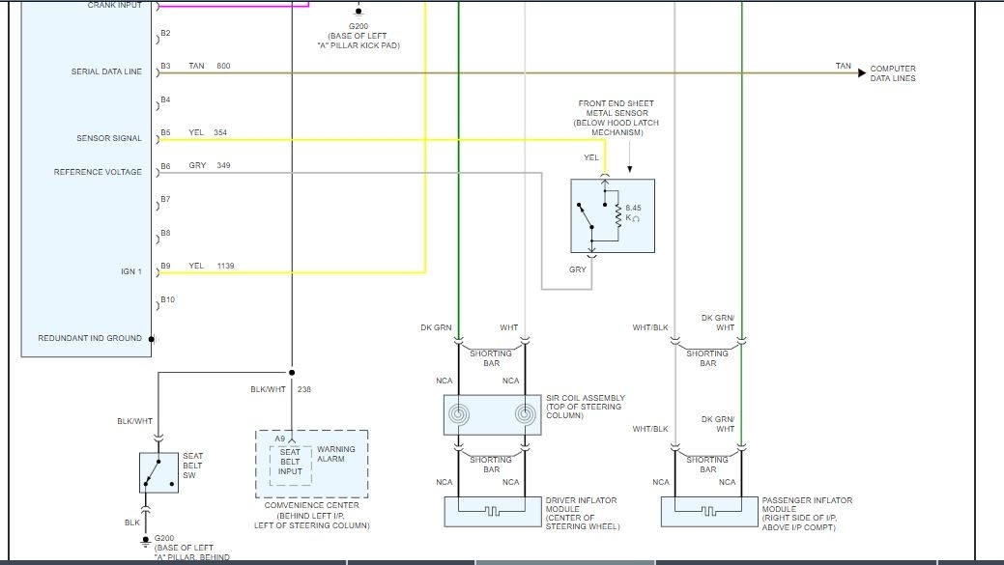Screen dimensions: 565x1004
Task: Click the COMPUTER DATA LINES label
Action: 892,73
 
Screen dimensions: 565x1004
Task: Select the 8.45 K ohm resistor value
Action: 633,212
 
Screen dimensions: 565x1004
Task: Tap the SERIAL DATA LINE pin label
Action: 106,71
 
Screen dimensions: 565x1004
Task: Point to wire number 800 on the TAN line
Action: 223,66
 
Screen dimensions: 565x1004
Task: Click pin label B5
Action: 165,132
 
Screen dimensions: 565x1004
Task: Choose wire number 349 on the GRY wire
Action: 223,166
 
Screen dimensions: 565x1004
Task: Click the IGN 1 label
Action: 130,271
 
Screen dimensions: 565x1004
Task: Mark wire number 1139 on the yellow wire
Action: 226,266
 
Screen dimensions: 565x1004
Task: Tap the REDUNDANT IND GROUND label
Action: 90,338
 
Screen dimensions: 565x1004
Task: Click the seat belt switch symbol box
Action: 158,472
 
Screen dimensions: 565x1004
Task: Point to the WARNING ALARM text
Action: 336,454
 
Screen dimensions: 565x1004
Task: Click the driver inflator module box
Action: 492,512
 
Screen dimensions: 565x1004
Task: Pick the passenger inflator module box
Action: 708,512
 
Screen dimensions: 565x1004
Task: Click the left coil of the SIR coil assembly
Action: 459,415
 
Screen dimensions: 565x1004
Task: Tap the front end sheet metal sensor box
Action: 612,215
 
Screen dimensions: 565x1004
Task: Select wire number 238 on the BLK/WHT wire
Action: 304,389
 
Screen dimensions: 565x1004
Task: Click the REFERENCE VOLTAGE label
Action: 98,172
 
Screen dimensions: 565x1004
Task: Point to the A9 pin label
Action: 279,439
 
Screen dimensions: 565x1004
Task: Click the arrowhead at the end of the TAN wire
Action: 860,72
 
